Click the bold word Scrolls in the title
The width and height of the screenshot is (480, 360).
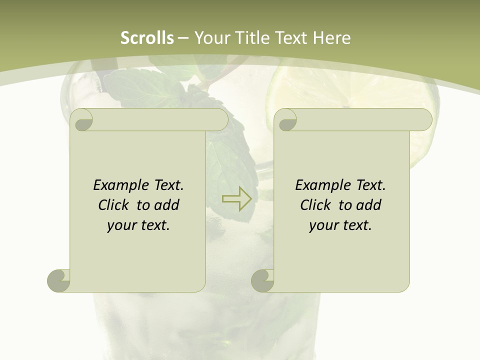[x=147, y=38]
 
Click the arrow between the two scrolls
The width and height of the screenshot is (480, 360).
[x=236, y=198]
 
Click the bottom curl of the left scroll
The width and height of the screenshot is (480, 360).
[x=58, y=280]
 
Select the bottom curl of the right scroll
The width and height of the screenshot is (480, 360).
[x=262, y=280]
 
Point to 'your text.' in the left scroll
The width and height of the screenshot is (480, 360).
[x=138, y=225]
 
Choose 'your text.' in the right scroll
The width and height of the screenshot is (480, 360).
[x=340, y=225]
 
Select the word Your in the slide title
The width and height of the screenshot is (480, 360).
[x=211, y=38]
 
